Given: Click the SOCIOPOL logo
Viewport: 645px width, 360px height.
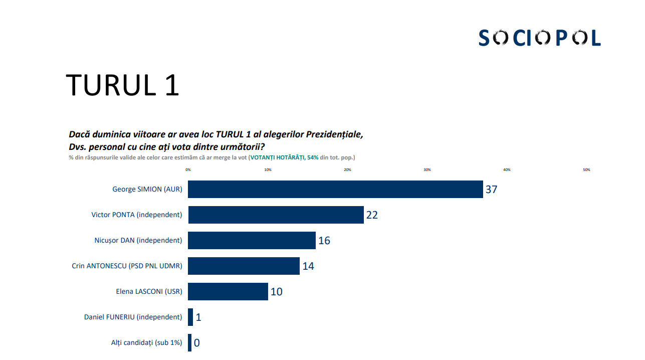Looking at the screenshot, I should coord(539,38).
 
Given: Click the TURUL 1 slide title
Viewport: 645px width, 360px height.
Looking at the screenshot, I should coord(123,85).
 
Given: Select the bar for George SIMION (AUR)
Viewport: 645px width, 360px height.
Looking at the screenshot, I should coord(335,190).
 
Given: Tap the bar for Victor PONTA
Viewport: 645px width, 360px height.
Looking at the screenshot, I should coord(276,215).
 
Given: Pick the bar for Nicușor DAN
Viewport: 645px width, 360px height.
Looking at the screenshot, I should coord(252,241).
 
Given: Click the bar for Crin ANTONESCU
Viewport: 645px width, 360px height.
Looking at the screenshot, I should coord(244,266).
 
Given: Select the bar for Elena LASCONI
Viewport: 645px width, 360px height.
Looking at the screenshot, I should coord(228,292).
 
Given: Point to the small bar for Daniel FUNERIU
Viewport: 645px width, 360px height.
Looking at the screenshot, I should coord(190,317).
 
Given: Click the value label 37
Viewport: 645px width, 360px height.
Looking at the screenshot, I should coord(491,190).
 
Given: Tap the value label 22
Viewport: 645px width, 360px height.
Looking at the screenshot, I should coord(372,215).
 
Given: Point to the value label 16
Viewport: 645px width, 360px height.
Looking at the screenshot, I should coord(324,241).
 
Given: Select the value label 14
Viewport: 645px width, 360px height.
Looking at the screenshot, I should coord(308,266).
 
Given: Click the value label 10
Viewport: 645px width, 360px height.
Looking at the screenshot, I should coord(276,292).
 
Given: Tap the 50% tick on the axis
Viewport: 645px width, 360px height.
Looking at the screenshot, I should coord(586,170).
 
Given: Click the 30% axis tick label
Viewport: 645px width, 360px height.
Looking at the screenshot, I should coord(427,170).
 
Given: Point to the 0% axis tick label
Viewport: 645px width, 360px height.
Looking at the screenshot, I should coord(188,170).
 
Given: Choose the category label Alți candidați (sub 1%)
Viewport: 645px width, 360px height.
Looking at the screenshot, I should coord(146,343).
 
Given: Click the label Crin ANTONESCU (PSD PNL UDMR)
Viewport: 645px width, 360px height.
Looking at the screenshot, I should coord(127,266).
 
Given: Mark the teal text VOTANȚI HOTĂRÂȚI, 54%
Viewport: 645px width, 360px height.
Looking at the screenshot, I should coord(285,157).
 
